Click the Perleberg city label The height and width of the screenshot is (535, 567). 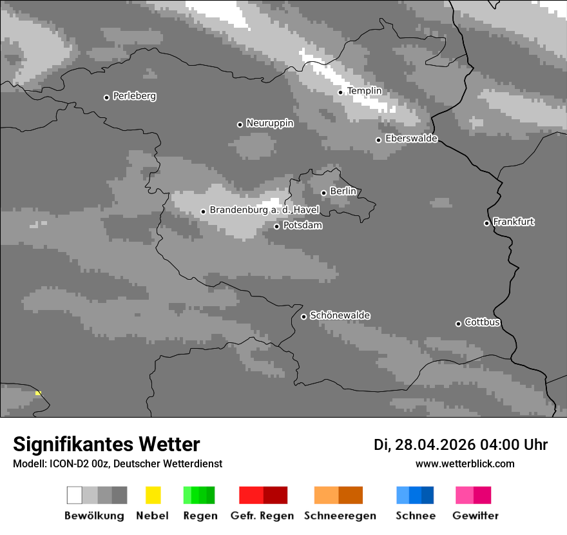click(134, 96)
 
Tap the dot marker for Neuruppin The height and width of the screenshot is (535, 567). click(240, 124)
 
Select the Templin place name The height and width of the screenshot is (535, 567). click(364, 91)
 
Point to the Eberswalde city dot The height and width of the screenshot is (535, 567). click(379, 140)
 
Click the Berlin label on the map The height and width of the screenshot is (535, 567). click(343, 191)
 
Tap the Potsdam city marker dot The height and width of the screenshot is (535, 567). click(277, 226)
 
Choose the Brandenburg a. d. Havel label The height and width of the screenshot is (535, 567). click(264, 210)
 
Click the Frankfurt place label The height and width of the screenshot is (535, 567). click(514, 222)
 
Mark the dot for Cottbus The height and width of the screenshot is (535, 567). click(459, 324)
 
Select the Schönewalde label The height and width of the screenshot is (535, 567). click(340, 315)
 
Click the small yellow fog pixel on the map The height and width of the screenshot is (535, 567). click(38, 393)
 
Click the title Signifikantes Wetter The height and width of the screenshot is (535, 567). click(106, 444)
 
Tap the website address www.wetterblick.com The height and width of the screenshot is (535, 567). click(465, 463)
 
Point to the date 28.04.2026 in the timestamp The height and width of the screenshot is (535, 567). click(435, 445)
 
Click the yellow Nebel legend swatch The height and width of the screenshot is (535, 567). click(153, 495)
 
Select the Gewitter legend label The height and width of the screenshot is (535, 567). click(475, 516)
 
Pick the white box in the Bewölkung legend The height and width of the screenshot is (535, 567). click(75, 495)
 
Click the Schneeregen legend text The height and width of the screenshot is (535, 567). click(340, 516)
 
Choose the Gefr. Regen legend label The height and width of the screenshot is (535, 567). click(262, 516)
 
